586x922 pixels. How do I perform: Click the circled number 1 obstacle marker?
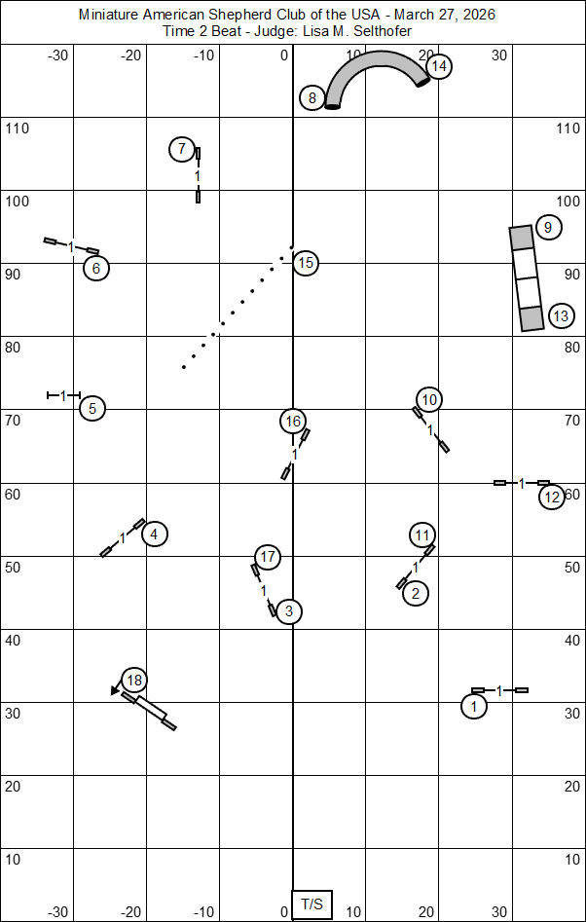point(474,706)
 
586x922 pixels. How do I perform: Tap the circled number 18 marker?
point(134,681)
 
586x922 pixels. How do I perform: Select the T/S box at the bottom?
point(311,904)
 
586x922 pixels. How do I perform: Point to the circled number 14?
point(439,66)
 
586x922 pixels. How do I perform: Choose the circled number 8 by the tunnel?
point(311,97)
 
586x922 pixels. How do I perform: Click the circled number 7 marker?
point(181,149)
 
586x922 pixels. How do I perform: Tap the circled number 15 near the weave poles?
point(306,262)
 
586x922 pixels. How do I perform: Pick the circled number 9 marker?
point(548,228)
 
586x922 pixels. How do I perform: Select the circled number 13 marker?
point(560,315)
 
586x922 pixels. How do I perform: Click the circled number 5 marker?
point(92,408)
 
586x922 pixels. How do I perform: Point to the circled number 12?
point(552,497)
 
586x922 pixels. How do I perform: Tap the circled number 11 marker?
point(421,535)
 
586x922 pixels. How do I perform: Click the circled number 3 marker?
point(288,611)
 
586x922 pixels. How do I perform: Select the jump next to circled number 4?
point(123,537)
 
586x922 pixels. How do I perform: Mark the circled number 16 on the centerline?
point(292,421)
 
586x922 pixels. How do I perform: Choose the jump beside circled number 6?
point(72,246)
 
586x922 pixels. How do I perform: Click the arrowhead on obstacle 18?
point(116,691)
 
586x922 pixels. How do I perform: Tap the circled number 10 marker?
point(429,398)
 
